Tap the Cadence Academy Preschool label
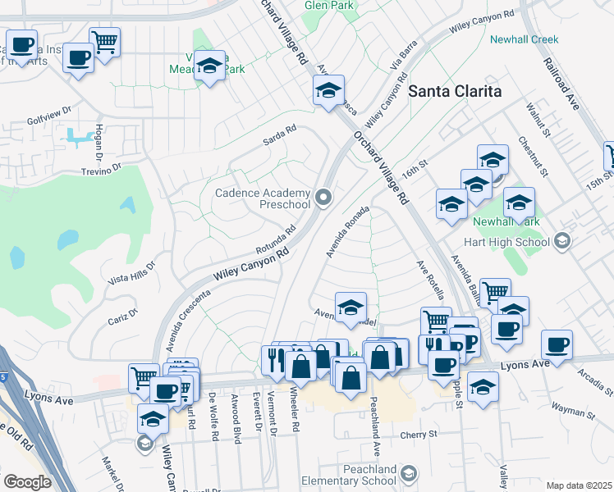pos(263,198)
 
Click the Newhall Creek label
pos(524,39)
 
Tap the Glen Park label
pos(328,5)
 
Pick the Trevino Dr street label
pos(101,168)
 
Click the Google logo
pos(27,482)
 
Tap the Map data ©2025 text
pos(579,485)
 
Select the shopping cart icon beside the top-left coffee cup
pos(105,41)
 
